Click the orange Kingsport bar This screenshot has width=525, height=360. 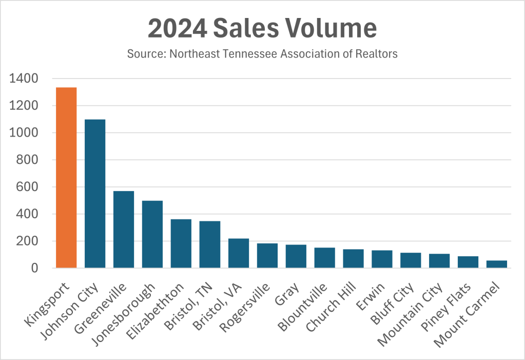pyautogui.click(x=66, y=178)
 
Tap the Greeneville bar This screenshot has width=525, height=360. pyautogui.click(x=124, y=230)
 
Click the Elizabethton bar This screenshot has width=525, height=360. pyautogui.click(x=181, y=243)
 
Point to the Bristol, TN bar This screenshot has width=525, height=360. pyautogui.click(x=210, y=244)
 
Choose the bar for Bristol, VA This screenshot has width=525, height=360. pyautogui.click(x=239, y=253)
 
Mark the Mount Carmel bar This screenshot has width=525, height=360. pyautogui.click(x=497, y=264)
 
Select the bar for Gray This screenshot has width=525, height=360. pyautogui.click(x=296, y=256)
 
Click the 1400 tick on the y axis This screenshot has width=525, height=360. pyautogui.click(x=24, y=79)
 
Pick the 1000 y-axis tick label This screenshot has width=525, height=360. pyautogui.click(x=24, y=132)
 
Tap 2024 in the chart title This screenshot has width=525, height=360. pyautogui.click(x=172, y=29)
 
